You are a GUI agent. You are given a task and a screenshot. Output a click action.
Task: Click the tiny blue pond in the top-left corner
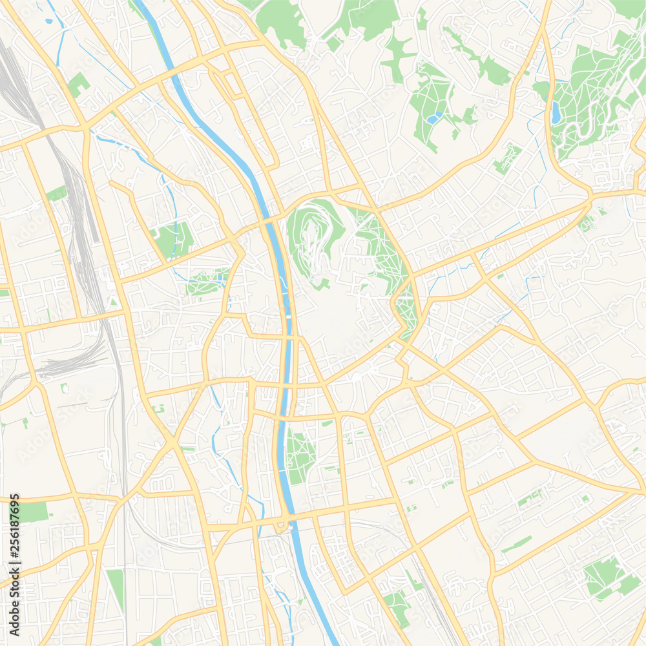[x=49, y=20]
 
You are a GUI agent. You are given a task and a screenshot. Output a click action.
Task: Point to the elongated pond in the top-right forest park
[x=556, y=112]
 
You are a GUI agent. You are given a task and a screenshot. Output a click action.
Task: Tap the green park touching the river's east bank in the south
[x=298, y=455]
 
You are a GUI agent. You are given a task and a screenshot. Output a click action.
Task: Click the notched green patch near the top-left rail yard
[x=79, y=84]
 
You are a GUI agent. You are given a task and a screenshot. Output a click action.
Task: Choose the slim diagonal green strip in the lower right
[x=517, y=544]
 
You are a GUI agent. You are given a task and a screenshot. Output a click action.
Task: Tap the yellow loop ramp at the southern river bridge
[x=282, y=526]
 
